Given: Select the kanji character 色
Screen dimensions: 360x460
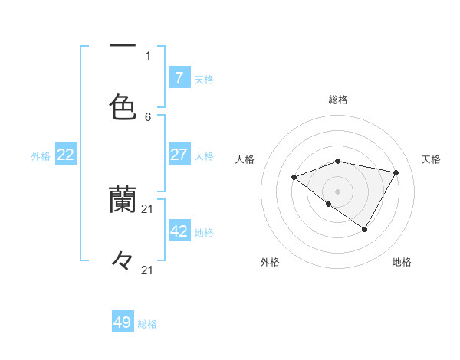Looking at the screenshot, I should coord(123,107).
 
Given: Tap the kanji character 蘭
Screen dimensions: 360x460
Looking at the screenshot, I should coord(123,200).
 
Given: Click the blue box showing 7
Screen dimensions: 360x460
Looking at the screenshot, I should coord(179,77).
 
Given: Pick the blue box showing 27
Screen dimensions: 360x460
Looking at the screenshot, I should coord(179,155).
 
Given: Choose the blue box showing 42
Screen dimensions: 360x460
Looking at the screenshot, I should coord(179,231).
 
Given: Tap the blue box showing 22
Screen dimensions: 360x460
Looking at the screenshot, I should coord(66,155).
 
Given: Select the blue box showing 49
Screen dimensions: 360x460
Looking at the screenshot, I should coord(123,322).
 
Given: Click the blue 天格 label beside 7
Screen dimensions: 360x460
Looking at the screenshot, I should coord(204,79).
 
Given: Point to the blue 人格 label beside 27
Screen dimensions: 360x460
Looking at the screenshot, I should coord(204,155).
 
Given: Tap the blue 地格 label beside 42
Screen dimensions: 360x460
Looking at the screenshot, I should coord(204,232).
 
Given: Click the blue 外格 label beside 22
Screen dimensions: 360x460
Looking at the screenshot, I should coord(41,155).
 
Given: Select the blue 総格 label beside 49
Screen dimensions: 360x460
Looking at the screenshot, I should coord(148,323).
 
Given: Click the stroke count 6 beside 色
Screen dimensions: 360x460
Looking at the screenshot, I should coord(148,116).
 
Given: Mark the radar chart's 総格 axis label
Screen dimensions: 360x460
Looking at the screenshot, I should coord(338,100).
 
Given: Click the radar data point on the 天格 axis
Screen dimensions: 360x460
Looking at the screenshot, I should coord(396,172).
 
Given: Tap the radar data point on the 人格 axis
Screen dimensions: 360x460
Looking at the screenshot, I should coord(294,178).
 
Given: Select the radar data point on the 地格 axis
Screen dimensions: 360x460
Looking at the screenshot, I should coord(365,229).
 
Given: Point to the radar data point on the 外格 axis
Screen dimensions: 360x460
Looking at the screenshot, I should coord(329,205).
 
